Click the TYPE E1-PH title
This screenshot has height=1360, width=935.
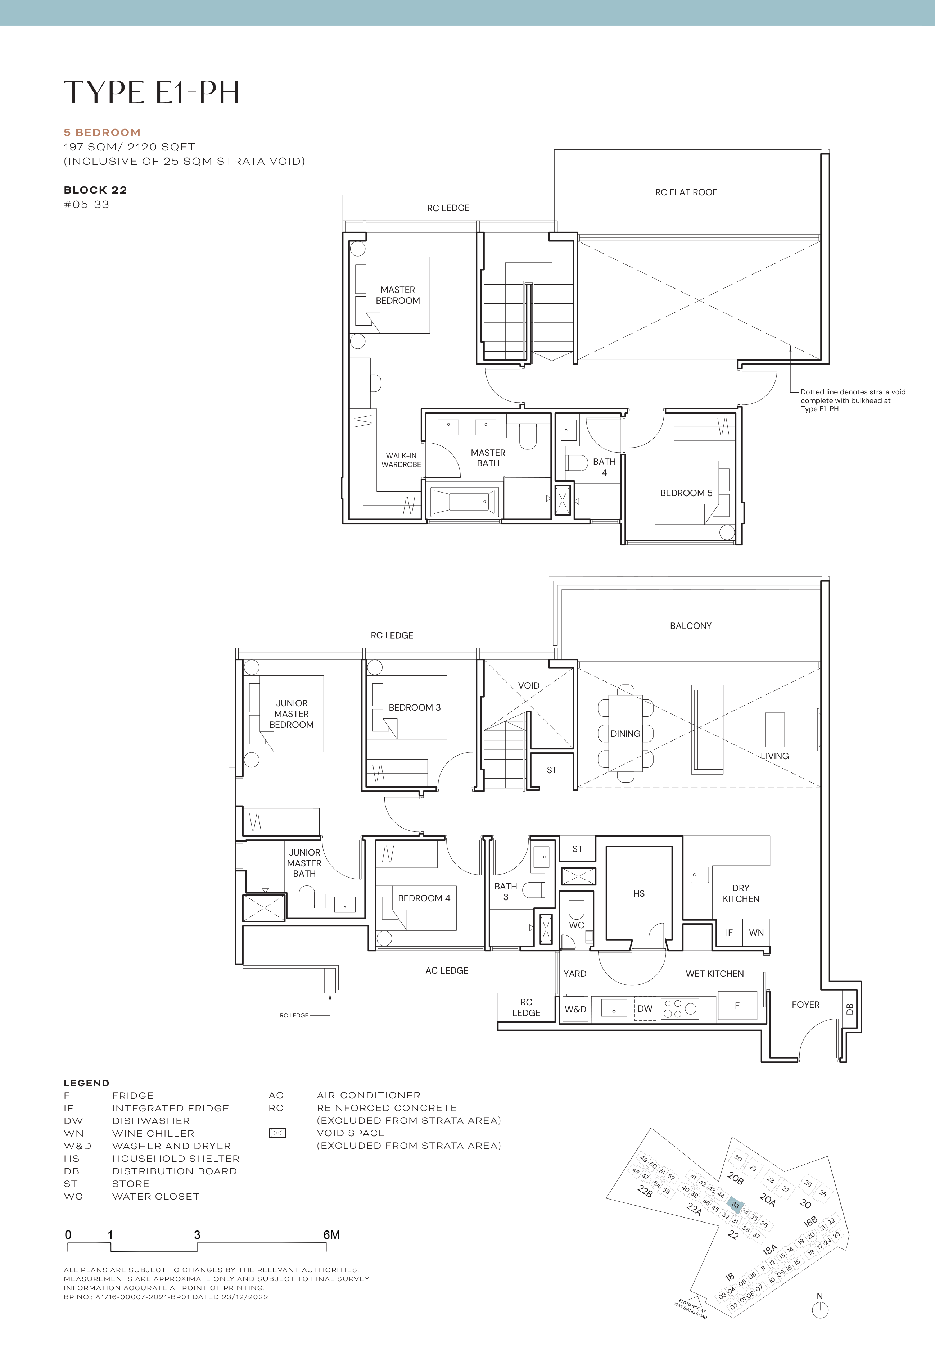click(x=152, y=92)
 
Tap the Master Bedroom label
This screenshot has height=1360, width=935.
click(x=398, y=295)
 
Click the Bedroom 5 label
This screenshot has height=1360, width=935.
click(x=686, y=493)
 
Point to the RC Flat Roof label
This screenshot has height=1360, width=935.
click(x=686, y=192)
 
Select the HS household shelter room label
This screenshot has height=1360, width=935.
click(x=638, y=893)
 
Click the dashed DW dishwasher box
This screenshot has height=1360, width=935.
click(x=645, y=1008)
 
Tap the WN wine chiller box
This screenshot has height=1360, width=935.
click(x=756, y=933)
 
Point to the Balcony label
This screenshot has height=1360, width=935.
click(x=690, y=626)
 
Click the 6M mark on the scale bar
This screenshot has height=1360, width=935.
click(x=331, y=1235)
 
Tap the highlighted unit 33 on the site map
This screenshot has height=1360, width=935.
click(x=735, y=1205)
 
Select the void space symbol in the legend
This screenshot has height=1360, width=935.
click(x=277, y=1133)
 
